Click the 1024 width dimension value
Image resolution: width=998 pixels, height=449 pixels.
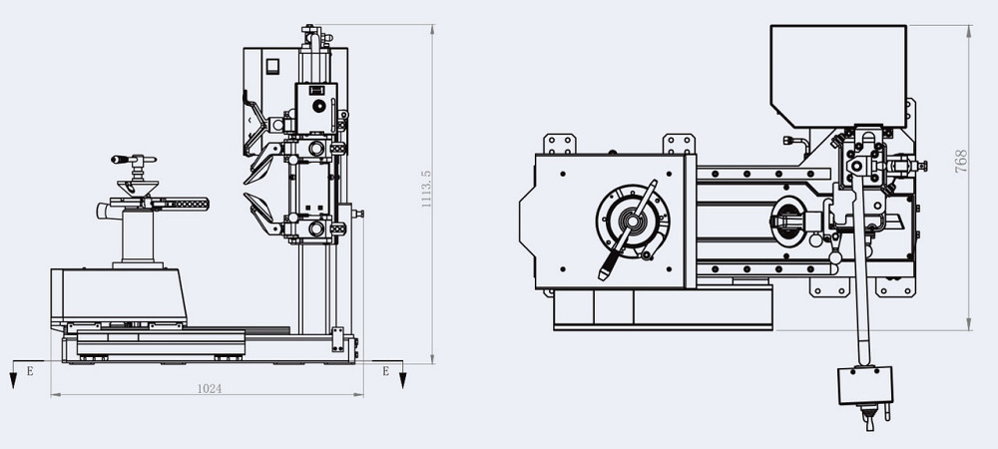click(x=210, y=388)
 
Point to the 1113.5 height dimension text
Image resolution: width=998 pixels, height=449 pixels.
click(x=426, y=189)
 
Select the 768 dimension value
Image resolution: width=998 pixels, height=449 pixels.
click(x=960, y=162)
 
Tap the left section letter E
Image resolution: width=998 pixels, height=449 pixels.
click(x=29, y=371)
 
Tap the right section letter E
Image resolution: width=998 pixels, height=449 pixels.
click(x=385, y=371)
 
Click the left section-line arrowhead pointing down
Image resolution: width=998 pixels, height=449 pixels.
click(x=13, y=380)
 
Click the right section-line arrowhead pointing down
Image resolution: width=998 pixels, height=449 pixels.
click(x=402, y=380)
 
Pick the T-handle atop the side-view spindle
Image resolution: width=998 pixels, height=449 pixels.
click(x=134, y=159)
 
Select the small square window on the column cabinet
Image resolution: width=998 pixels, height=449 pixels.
click(x=272, y=66)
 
